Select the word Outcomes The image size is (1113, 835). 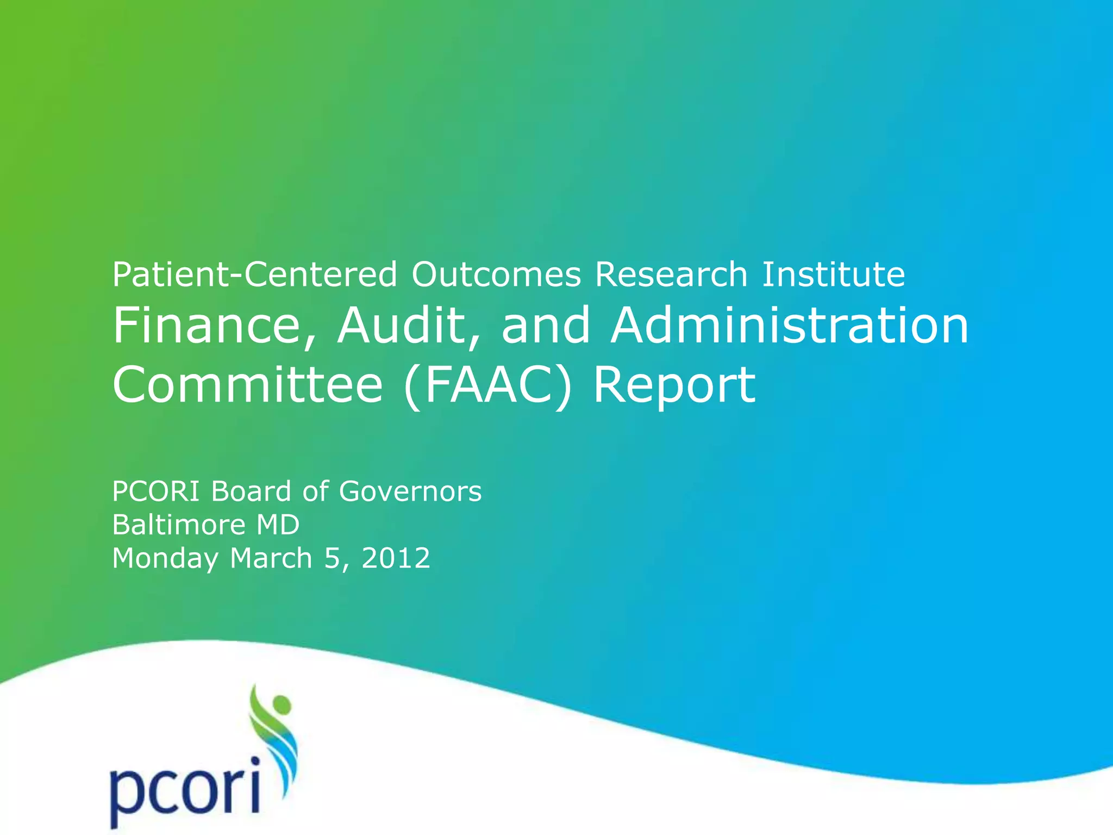click(496, 275)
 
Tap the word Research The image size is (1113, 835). click(671, 275)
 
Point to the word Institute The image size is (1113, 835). click(833, 275)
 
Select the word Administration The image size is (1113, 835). click(790, 326)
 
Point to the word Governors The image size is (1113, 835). click(410, 491)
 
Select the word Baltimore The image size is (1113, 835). click(179, 525)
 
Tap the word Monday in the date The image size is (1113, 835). click(165, 559)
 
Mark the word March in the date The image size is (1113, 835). click(271, 559)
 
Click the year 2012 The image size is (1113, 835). click(396, 559)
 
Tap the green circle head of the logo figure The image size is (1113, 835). click(282, 707)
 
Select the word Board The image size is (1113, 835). click(251, 491)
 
